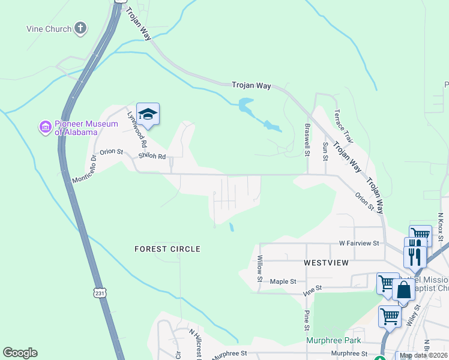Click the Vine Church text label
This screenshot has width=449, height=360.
(49, 29)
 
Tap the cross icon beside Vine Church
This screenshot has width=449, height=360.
(80, 28)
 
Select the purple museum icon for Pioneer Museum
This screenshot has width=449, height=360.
(45, 127)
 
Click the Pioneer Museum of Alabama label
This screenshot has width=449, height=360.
(76, 128)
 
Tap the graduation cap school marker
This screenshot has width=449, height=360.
(148, 114)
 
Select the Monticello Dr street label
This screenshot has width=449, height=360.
(85, 170)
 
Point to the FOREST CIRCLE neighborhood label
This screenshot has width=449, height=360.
(167, 248)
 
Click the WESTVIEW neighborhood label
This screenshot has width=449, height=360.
(327, 263)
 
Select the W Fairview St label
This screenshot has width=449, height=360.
(360, 244)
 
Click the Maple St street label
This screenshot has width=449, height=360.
(283, 281)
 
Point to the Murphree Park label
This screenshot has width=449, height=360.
(333, 340)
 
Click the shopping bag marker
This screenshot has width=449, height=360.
(404, 290)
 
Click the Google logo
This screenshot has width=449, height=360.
(20, 353)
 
